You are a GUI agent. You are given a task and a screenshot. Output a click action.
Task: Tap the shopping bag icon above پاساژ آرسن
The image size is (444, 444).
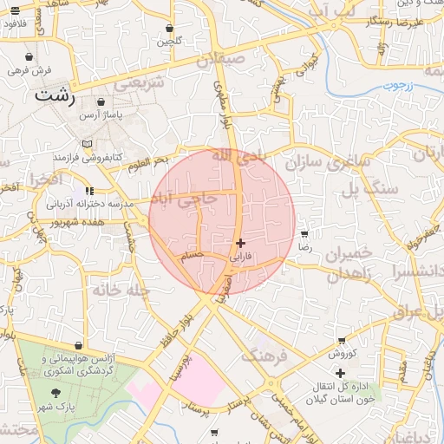click(101, 102)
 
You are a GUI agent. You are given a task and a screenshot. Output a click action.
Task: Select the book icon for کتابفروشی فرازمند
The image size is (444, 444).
click(84, 144)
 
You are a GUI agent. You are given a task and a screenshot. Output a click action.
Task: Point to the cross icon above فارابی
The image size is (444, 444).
click(240, 244)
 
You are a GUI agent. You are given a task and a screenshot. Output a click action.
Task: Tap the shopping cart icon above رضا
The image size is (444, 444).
click(304, 234)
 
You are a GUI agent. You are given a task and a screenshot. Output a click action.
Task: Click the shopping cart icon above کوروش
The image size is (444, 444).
click(342, 340)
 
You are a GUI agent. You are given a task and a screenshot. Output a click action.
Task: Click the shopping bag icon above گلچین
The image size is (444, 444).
click(168, 28)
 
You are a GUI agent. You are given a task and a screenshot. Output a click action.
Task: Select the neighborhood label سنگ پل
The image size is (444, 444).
click(369, 186)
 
